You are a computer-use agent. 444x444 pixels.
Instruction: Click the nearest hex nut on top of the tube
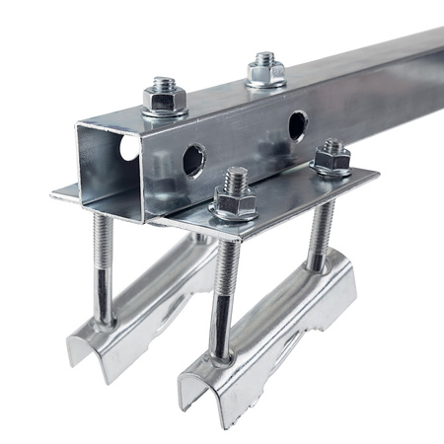pos(165,99)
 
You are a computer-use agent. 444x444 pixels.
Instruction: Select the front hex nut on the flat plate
pos(235,202)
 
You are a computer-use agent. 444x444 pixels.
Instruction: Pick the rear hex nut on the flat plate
pos(333,161)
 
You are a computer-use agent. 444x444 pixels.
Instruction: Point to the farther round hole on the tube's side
pos(297,124)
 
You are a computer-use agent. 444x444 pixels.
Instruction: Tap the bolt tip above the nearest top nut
pos(165,83)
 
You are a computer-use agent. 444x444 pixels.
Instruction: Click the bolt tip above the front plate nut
pos(236,179)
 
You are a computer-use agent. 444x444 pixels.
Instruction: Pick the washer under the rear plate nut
pos(333,171)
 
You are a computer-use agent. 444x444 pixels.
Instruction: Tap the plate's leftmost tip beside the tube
pos(54,191)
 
